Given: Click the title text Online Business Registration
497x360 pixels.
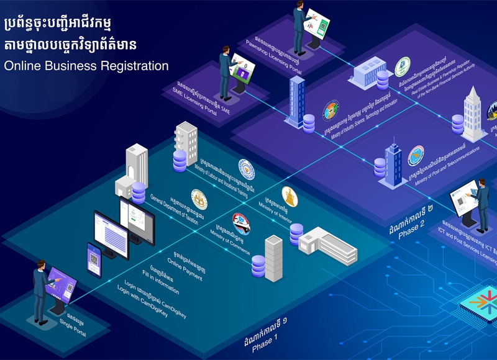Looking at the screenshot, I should coord(86,65).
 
